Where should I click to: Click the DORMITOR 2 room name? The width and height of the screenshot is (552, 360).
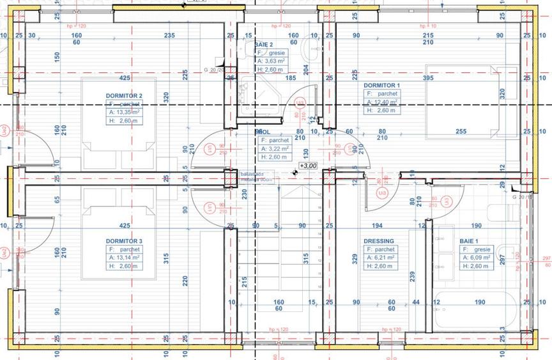[x=124, y=95]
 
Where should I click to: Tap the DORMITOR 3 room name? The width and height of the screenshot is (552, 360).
[x=124, y=241]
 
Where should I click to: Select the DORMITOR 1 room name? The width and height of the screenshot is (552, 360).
[x=381, y=85]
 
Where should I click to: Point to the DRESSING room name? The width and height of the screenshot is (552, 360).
[x=379, y=241]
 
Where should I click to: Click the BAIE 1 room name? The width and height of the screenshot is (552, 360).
[x=468, y=241]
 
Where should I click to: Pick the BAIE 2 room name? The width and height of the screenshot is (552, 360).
[x=263, y=45]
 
